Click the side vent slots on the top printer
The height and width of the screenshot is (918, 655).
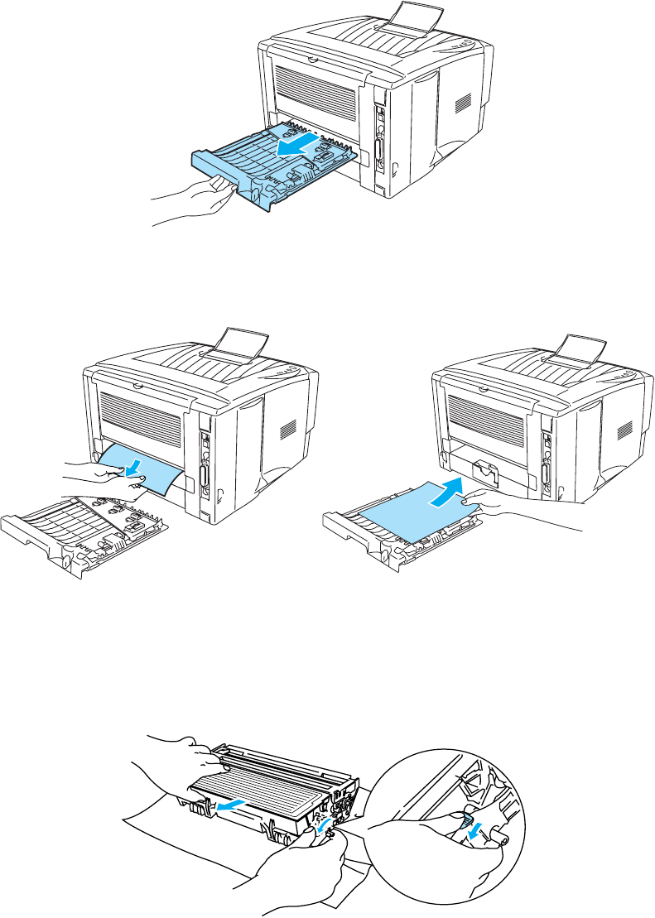tap(463, 102)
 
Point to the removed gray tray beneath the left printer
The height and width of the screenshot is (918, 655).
tap(83, 530)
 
